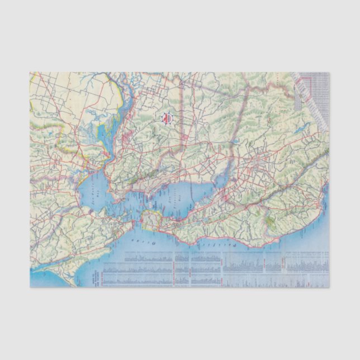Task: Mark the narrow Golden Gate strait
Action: tap(135, 224)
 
